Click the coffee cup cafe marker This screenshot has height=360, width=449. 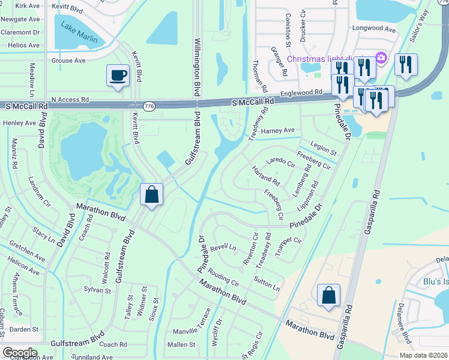(118, 76)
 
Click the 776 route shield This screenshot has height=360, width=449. (149, 106)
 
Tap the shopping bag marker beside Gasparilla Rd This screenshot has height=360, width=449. (328, 295)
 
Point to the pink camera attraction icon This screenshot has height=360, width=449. (380, 58)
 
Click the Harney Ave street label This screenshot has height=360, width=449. (280, 130)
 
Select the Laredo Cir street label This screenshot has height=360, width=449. (281, 162)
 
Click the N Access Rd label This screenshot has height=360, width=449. (70, 100)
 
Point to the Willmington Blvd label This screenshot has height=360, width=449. (196, 68)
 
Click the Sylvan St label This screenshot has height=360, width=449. (98, 290)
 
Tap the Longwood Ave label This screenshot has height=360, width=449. (374, 29)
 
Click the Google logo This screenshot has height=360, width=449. (20, 353)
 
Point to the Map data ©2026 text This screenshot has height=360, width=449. (424, 355)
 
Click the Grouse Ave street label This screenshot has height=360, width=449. (68, 61)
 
